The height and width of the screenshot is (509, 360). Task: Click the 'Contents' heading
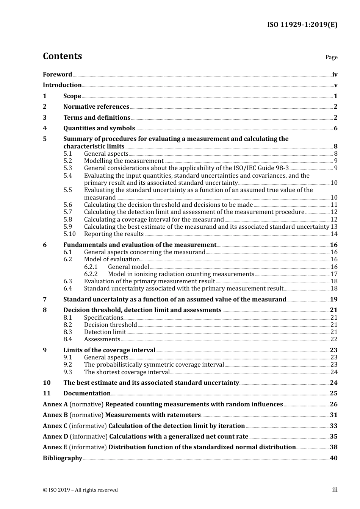pyautogui.click(x=62, y=56)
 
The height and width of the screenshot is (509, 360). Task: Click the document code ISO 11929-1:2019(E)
pyautogui.click(x=302, y=25)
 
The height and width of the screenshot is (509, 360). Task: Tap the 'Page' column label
pyautogui.click(x=331, y=57)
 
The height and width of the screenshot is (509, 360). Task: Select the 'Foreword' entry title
pyautogui.click(x=57, y=75)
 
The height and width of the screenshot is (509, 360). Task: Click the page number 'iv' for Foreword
pyautogui.click(x=335, y=75)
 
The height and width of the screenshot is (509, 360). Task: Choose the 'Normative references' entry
pyautogui.click(x=96, y=107)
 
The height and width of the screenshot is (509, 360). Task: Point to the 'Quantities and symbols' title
pyautogui.click(x=99, y=128)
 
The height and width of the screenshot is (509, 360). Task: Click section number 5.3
pyautogui.click(x=68, y=168)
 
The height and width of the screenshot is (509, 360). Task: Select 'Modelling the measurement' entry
pyautogui.click(x=124, y=161)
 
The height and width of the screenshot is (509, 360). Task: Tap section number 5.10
pyautogui.click(x=69, y=234)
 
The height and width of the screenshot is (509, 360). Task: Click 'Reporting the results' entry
pyautogui.click(x=114, y=234)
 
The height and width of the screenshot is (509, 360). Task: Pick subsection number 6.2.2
pyautogui.click(x=91, y=274)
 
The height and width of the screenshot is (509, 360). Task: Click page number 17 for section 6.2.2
pyautogui.click(x=334, y=274)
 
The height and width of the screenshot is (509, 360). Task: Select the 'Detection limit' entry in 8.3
pyautogui.click(x=105, y=332)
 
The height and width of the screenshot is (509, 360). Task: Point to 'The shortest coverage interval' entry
pyautogui.click(x=127, y=372)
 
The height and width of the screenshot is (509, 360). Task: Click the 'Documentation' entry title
pyautogui.click(x=87, y=393)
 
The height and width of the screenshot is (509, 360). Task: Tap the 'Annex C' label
pyautogui.click(x=55, y=426)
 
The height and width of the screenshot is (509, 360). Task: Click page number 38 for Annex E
pyautogui.click(x=333, y=447)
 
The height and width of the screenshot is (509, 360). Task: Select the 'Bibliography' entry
pyautogui.click(x=63, y=458)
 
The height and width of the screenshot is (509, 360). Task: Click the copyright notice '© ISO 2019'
pyautogui.click(x=80, y=490)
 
